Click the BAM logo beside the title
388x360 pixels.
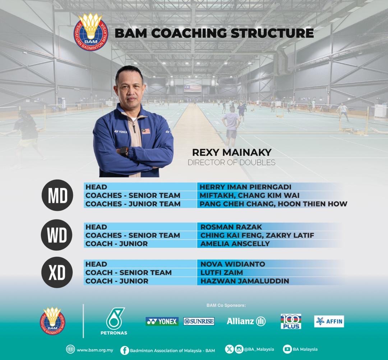(x=91, y=33)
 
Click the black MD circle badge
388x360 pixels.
(x=57, y=195)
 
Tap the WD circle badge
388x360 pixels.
(x=57, y=235)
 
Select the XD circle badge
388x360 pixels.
(x=57, y=272)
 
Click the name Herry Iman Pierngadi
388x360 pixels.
(x=245, y=187)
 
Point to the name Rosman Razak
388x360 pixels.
(x=231, y=227)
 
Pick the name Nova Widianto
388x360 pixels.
(x=232, y=264)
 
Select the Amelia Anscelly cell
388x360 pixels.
(x=235, y=243)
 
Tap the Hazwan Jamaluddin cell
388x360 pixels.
(x=244, y=281)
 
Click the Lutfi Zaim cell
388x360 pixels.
(x=221, y=273)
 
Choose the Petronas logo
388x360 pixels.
(x=114, y=321)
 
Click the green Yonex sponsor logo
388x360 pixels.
(x=162, y=321)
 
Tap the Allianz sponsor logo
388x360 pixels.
(x=246, y=321)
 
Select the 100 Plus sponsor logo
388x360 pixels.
(x=291, y=321)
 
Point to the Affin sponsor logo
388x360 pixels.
(x=329, y=321)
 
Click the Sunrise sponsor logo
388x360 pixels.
(x=199, y=321)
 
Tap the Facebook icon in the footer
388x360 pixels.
(x=125, y=350)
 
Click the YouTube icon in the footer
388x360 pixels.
(x=287, y=349)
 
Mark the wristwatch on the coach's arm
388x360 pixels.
(x=124, y=151)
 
